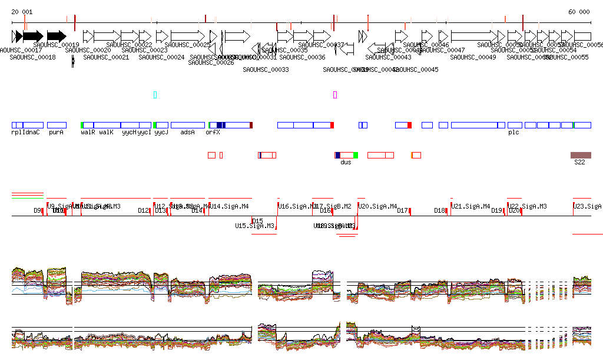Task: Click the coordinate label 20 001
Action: click(x=22, y=12)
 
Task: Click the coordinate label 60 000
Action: click(x=579, y=12)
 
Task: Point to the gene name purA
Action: click(x=56, y=133)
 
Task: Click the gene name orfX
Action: click(x=213, y=133)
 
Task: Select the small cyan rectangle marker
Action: click(x=155, y=94)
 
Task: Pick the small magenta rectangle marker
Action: click(x=335, y=94)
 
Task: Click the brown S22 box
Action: click(x=581, y=155)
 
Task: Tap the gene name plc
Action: click(x=513, y=133)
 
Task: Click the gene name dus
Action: click(x=346, y=162)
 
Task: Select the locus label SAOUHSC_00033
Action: click(x=266, y=70)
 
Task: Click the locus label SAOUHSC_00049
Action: click(x=473, y=57)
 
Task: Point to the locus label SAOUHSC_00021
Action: click(x=106, y=57)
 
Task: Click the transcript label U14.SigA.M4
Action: click(x=229, y=206)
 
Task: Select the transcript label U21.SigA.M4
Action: click(x=471, y=206)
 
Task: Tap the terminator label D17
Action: click(x=402, y=210)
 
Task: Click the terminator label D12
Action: click(x=143, y=210)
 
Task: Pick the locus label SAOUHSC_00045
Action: click(x=416, y=70)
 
